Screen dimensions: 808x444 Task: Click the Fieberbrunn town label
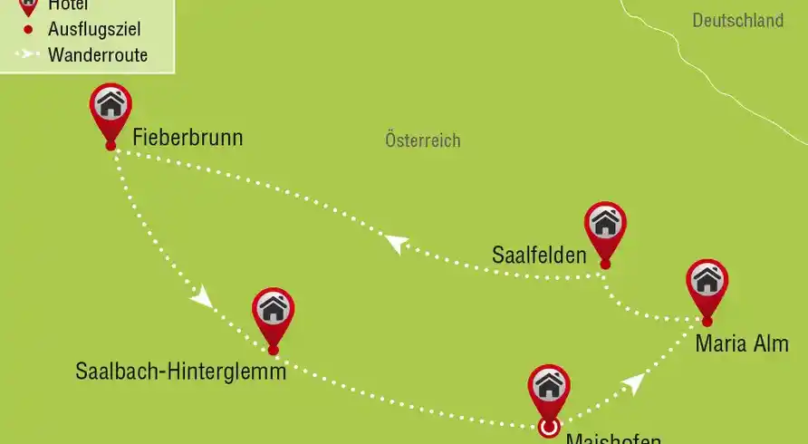pos(188,139)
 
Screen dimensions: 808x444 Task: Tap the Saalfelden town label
pos(539,255)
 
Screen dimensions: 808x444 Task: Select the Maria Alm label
pos(742,344)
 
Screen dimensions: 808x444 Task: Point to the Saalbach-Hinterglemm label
pos(181,372)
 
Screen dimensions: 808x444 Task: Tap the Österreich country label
pos(422,140)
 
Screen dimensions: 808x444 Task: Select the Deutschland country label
pos(738,20)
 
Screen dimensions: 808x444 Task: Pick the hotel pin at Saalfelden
pos(605,224)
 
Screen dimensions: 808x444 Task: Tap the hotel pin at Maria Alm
pos(707,282)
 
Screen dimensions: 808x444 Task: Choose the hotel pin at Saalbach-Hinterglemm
pos(273,310)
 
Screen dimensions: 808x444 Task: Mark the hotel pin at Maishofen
pos(549,388)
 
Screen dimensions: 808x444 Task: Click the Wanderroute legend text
pos(98,55)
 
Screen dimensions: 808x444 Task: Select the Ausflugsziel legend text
pos(94,30)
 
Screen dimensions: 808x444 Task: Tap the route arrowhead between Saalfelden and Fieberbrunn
pos(395,244)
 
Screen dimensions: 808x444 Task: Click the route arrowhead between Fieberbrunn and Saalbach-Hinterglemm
pos(202,298)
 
